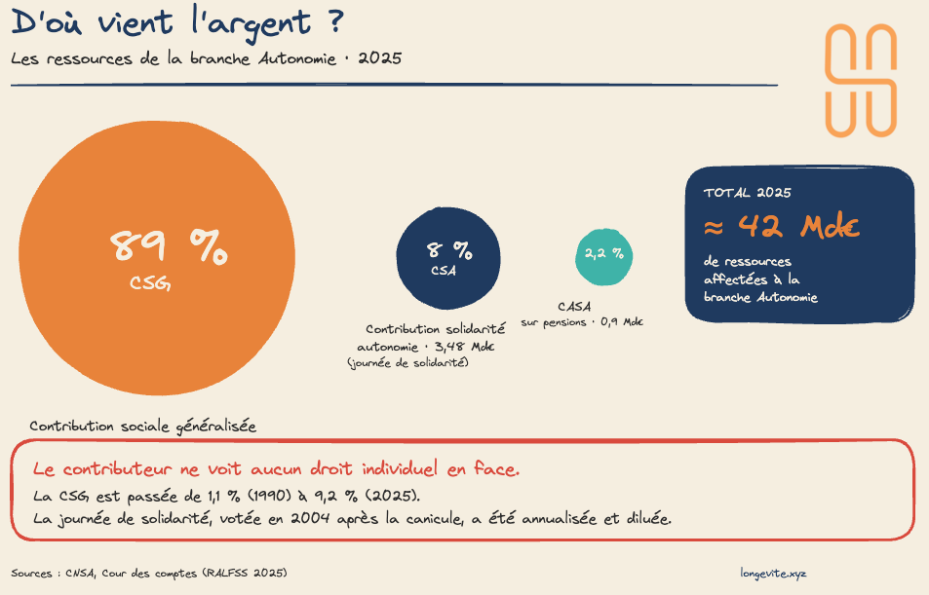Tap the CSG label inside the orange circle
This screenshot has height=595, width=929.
click(151, 283)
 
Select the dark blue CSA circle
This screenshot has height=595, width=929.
click(448, 258)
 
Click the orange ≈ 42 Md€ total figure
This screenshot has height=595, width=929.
click(781, 227)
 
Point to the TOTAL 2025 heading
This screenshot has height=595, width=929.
click(747, 193)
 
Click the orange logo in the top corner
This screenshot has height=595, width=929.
click(860, 81)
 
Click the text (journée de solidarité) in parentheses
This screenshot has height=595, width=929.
click(408, 362)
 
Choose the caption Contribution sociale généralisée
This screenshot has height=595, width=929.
click(142, 427)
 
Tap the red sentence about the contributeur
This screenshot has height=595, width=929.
click(276, 469)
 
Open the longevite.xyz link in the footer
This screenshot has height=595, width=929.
click(773, 573)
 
